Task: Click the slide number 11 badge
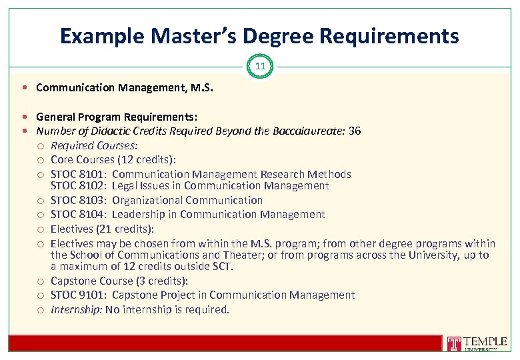[260, 67]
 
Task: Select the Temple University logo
[476, 343]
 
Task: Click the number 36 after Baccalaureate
[355, 131]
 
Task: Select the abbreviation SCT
[220, 267]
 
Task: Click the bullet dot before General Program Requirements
[24, 116]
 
